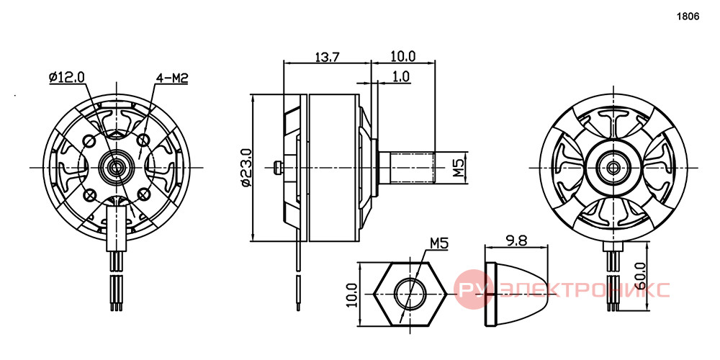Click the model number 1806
[x=688, y=17]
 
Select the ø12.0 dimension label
[x=66, y=77]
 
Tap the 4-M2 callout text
[x=172, y=78]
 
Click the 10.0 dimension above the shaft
[x=402, y=56]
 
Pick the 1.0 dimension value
[x=401, y=76]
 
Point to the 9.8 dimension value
[x=517, y=240]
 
